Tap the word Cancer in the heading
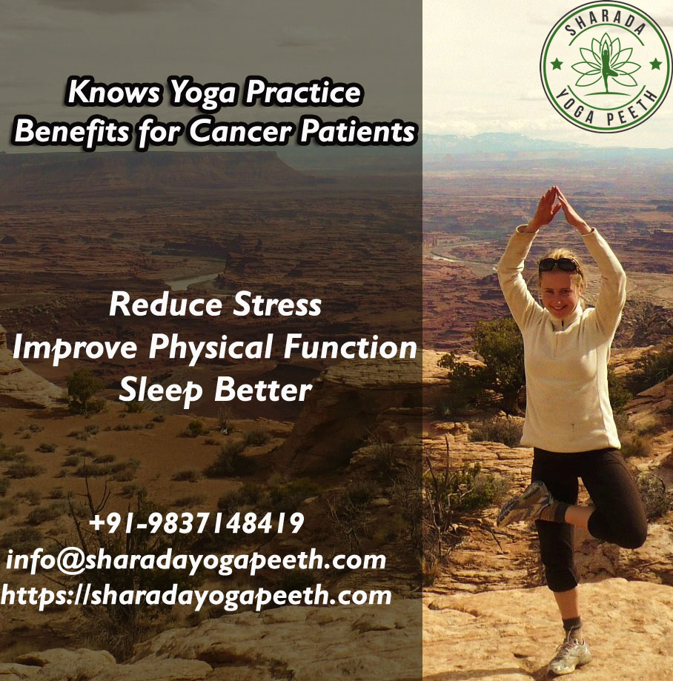pyautogui.click(x=241, y=130)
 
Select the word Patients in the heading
pyautogui.click(x=358, y=130)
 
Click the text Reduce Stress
pyautogui.click(x=216, y=304)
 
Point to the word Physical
pyautogui.click(x=210, y=348)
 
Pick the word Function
pyautogui.click(x=351, y=347)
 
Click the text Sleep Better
pyautogui.click(x=216, y=390)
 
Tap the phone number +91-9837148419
pyautogui.click(x=196, y=522)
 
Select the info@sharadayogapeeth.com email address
pyautogui.click(x=196, y=559)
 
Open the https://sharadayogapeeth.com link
pyautogui.click(x=196, y=596)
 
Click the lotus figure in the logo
pyautogui.click(x=606, y=64)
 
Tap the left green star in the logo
pyautogui.click(x=556, y=64)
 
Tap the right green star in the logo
pyautogui.click(x=656, y=64)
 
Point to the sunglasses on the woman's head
pyautogui.click(x=559, y=264)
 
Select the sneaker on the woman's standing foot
pyautogui.click(x=569, y=655)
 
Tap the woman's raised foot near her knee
pyautogui.click(x=525, y=503)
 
